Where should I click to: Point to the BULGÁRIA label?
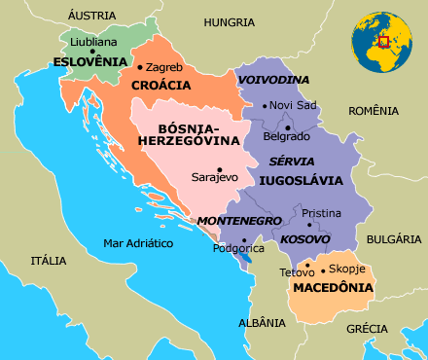click(x=395, y=238)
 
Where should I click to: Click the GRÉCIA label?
click(x=367, y=328)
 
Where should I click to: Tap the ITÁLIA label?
click(x=48, y=261)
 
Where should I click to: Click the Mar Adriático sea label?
click(x=138, y=244)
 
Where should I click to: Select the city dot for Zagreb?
click(x=141, y=67)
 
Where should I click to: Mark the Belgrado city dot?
click(x=288, y=126)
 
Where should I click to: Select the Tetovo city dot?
click(x=307, y=263)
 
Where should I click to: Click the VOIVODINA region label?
click(x=273, y=80)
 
